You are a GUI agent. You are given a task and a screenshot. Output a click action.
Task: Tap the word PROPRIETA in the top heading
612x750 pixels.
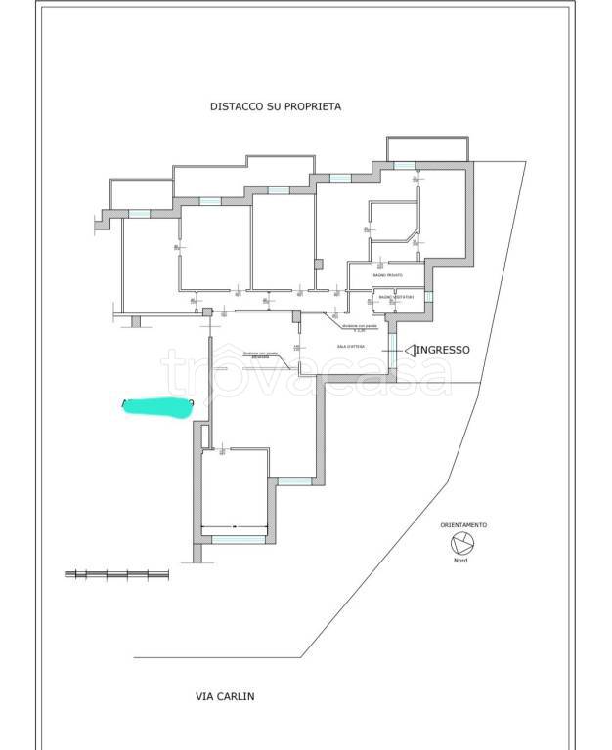click(314, 106)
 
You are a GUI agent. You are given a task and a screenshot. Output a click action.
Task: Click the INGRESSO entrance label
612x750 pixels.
click(445, 350)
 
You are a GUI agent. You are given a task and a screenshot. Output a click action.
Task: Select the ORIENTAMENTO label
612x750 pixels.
click(462, 525)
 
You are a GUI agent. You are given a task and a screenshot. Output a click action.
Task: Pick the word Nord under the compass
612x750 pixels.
click(461, 561)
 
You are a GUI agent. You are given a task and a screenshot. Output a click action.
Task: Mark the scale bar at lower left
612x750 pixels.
click(116, 574)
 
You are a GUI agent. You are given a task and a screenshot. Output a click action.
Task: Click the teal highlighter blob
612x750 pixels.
click(156, 406)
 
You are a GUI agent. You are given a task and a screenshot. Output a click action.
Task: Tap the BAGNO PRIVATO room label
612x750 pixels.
click(386, 276)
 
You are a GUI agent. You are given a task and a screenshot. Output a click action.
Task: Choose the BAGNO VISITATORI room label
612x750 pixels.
click(397, 296)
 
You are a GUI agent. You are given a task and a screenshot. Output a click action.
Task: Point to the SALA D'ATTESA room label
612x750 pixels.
click(349, 346)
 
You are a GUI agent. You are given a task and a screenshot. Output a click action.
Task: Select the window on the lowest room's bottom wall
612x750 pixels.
click(238, 538)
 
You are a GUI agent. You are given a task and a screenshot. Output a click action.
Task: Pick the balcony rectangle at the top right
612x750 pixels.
click(427, 149)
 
